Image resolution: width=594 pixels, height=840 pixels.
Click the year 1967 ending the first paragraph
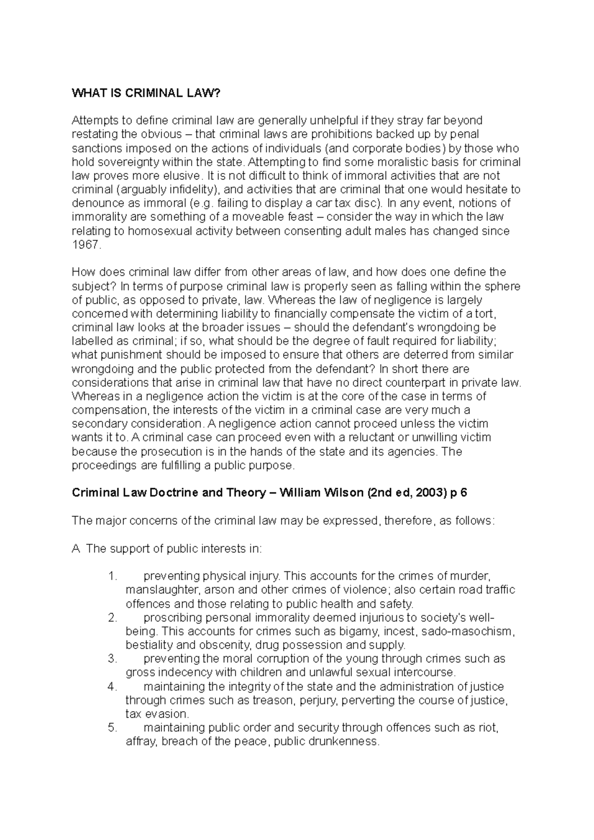point(86,245)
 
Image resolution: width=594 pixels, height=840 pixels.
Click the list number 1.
point(112,576)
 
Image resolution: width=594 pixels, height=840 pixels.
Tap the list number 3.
point(112,659)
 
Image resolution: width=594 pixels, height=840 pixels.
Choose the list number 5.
point(112,728)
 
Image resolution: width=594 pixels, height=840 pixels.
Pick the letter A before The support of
point(76,549)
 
